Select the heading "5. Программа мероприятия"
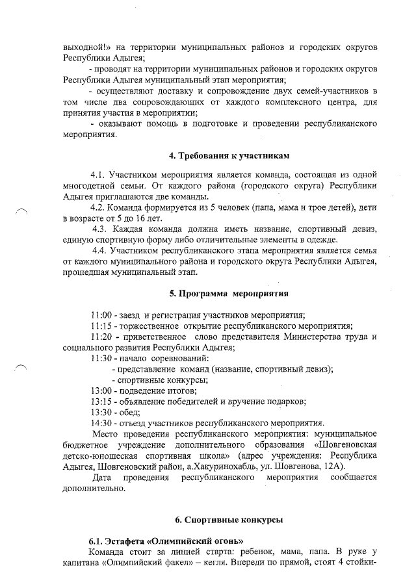click(x=229, y=293)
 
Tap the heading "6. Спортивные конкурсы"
click(x=229, y=520)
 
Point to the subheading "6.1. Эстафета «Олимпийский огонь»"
click(x=166, y=541)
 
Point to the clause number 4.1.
click(x=98, y=175)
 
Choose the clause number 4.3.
click(x=100, y=229)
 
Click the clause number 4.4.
click(x=100, y=250)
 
